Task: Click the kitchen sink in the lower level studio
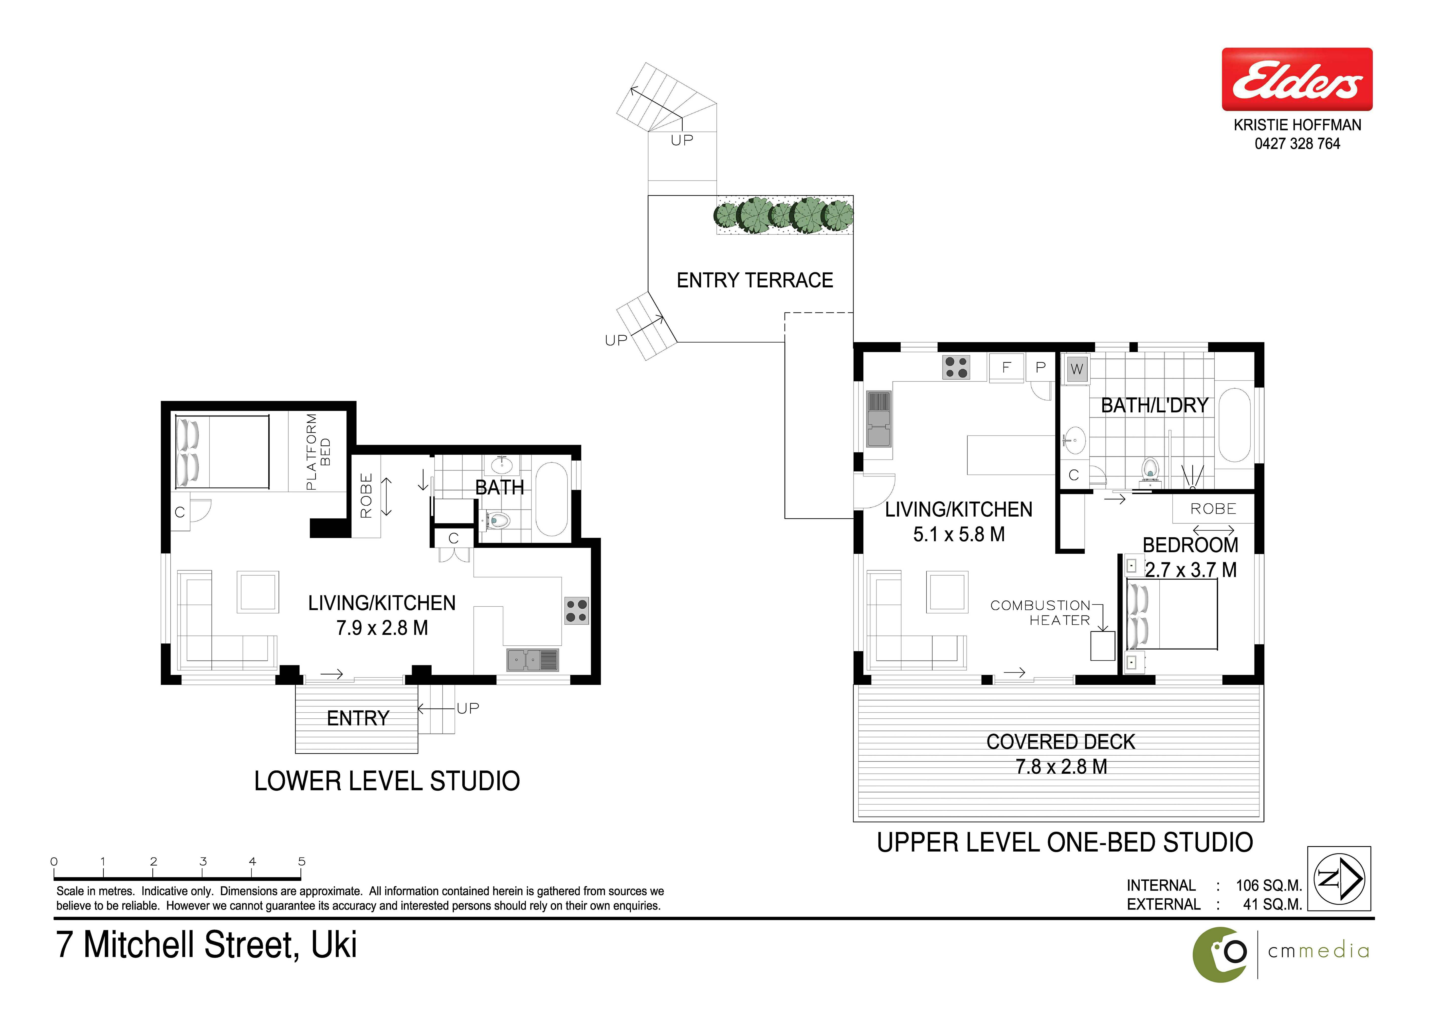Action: (533, 660)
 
